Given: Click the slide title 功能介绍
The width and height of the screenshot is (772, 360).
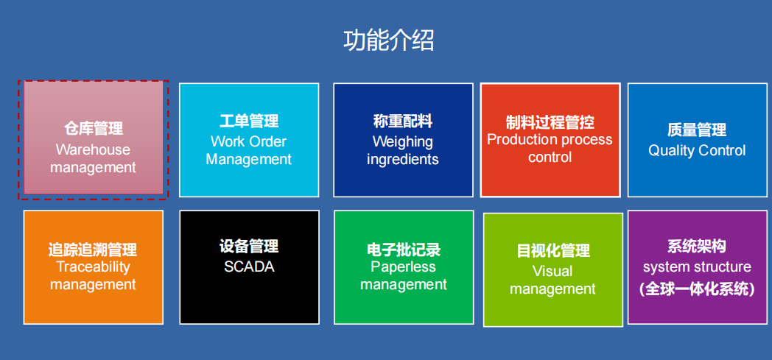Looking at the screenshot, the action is pos(388,40).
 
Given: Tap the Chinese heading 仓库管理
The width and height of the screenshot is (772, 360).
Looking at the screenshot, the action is pos(93,129).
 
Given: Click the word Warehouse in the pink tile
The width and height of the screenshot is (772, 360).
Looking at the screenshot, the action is pos(93,149).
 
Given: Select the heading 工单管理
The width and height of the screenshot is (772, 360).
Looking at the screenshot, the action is pos(249,121).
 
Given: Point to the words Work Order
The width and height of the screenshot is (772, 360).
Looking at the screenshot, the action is pos(249,141).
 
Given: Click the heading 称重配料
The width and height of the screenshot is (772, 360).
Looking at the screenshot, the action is pos(403,121).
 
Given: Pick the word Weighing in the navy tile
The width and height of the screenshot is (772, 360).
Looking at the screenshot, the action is pos(403,142).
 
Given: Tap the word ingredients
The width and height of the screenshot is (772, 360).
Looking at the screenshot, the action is pos(403,160).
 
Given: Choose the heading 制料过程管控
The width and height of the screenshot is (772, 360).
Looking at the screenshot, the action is pos(550,122).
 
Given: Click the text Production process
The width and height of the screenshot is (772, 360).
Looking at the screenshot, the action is pos(550,140).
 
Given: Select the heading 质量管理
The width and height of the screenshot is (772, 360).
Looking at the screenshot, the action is pos(697,130).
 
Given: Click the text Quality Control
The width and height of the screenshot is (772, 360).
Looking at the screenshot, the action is pos(697,150).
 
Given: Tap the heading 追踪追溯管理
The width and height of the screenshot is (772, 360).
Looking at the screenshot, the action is pos(93,250).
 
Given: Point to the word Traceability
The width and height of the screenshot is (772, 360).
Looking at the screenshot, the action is pos(93,267).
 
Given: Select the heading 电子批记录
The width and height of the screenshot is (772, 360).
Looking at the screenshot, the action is pos(404,250).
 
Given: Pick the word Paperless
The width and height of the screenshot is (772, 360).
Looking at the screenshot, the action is pos(403,267).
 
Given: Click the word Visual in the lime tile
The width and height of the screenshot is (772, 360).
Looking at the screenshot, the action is pos(552,271).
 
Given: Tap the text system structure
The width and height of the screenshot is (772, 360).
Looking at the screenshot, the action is pos(697,267).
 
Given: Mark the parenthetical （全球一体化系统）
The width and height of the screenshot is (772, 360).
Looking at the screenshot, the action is pos(697,289).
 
